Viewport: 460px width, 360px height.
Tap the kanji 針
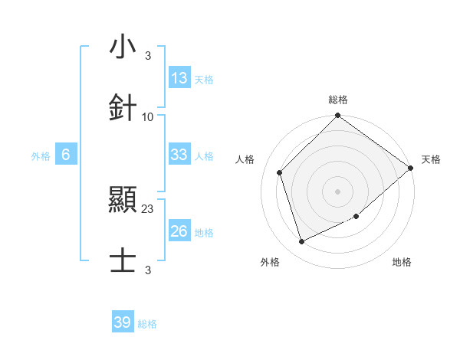pos(123,106)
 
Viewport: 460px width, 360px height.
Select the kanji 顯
pos(123,200)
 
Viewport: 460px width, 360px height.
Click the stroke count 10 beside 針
pos(148,116)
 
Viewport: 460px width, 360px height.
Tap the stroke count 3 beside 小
pos(148,57)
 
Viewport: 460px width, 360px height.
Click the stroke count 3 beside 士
pos(148,270)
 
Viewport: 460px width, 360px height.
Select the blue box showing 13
pos(179,78)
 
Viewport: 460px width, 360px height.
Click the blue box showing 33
pos(179,155)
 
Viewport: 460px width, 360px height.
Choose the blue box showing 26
pos(179,231)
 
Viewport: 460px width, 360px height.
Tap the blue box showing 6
pos(66,155)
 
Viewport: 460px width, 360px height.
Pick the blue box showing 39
pos(123,322)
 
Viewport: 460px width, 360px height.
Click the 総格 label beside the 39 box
pos(147,324)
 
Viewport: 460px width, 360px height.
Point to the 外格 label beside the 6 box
pos(41,156)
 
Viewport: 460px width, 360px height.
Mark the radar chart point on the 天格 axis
pos(411,168)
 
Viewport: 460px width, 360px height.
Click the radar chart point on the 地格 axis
pos(356,217)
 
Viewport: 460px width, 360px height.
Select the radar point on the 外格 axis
pos(302,242)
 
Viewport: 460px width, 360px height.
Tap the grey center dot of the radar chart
pos(337,191)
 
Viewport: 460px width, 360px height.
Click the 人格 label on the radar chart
pos(245,159)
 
